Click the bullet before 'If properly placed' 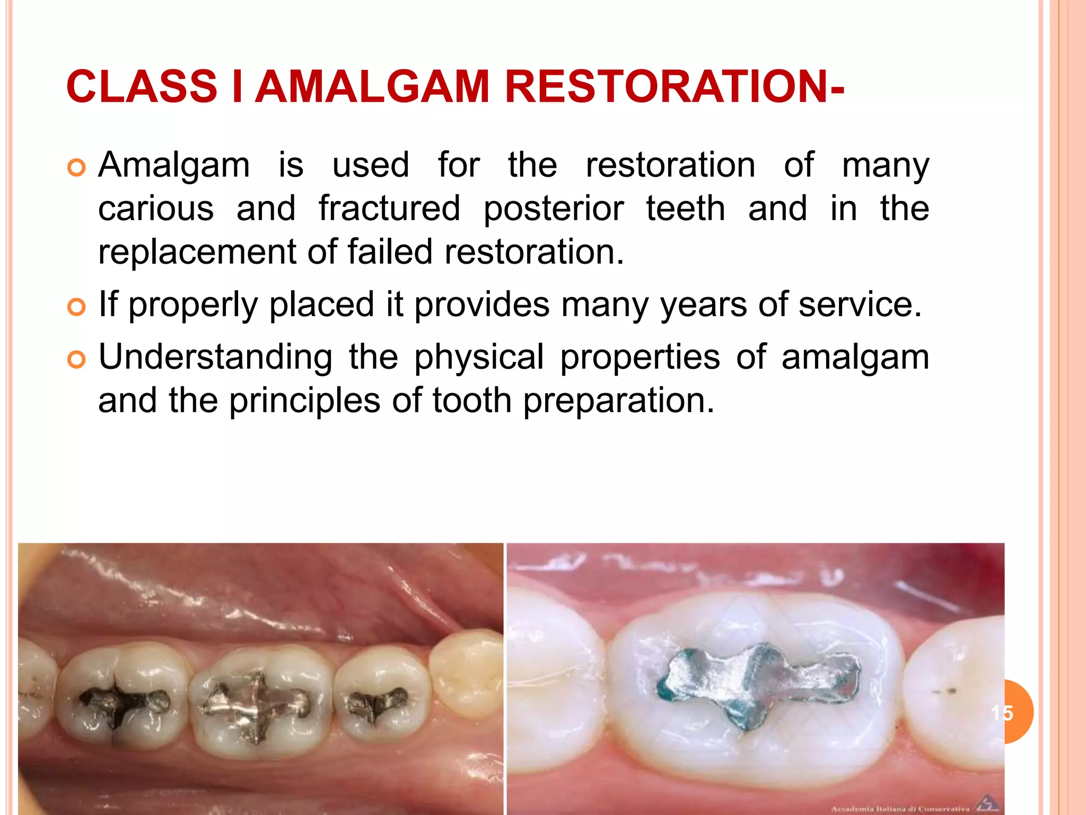pos(77,307)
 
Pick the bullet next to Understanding pos(77,360)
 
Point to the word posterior pos(554,209)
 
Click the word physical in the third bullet pos(479,358)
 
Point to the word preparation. pos(619,401)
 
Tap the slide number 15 pos(1002,713)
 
